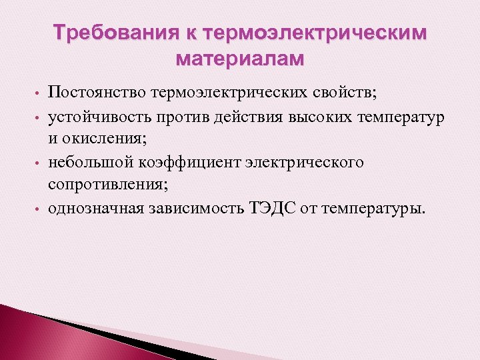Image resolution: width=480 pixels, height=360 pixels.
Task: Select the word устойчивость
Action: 96,118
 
